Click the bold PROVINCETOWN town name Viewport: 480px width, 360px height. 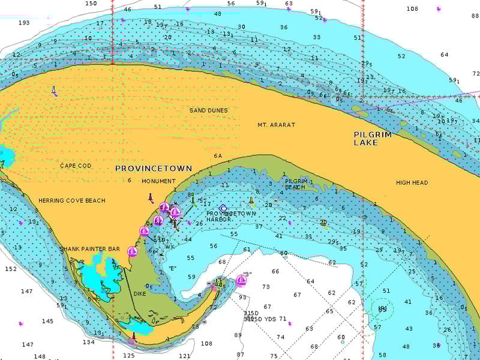154,169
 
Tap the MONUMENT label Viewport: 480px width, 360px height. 158,181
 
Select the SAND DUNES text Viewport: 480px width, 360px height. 208,110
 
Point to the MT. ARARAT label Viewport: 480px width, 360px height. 276,125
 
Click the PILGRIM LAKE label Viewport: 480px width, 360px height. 372,139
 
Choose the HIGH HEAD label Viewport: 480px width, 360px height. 412,182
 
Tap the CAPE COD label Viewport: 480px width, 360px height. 76,166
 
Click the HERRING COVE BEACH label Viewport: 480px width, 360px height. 71,200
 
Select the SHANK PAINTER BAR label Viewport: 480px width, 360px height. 89,248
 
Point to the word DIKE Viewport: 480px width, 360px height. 140,294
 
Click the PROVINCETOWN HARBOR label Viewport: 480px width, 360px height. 231,217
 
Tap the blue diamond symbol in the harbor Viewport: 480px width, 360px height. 223,208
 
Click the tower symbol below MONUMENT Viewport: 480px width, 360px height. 151,197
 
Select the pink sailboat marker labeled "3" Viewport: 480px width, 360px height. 241,280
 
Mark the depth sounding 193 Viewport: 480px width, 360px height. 24,23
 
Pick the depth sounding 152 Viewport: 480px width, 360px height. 10,269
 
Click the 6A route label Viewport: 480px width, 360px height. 218,156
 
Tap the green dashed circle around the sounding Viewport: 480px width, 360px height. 382,310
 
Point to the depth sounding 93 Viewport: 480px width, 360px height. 242,297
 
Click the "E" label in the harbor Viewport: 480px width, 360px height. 172,268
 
